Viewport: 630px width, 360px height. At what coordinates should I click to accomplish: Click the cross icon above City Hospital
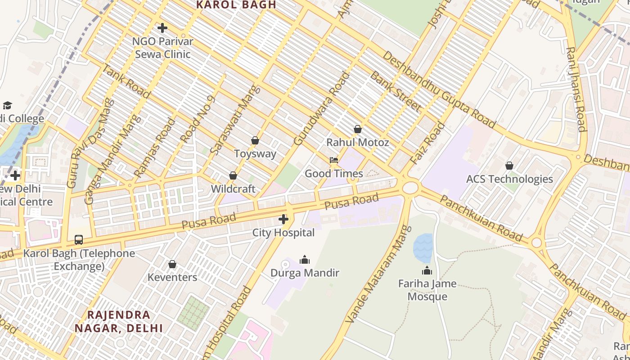coord(283,219)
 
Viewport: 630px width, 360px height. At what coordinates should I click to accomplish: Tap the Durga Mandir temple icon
coord(305,260)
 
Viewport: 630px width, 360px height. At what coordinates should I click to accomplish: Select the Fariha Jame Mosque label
coord(427,290)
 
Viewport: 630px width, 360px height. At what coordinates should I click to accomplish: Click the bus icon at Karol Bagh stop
coord(79,240)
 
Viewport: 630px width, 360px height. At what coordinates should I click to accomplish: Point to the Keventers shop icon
coord(172,264)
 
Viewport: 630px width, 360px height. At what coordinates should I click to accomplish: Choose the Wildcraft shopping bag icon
coord(233,175)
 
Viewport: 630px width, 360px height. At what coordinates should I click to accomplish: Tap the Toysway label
coord(255,153)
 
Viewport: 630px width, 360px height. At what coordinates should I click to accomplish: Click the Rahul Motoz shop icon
coord(357,129)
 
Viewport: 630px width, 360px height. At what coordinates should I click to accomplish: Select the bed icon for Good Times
coord(334,160)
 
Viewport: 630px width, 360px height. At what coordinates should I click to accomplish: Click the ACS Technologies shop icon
coord(509,166)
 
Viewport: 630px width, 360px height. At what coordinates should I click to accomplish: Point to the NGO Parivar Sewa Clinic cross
coord(162,28)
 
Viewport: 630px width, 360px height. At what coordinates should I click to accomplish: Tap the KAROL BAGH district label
coord(236,5)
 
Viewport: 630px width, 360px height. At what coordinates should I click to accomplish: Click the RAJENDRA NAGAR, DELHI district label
coord(119,321)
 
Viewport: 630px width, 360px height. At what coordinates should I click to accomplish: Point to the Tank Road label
coord(126,81)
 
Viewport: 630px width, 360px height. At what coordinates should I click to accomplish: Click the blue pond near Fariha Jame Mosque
coord(423,247)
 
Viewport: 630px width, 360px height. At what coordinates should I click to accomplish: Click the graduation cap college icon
coord(7,105)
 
